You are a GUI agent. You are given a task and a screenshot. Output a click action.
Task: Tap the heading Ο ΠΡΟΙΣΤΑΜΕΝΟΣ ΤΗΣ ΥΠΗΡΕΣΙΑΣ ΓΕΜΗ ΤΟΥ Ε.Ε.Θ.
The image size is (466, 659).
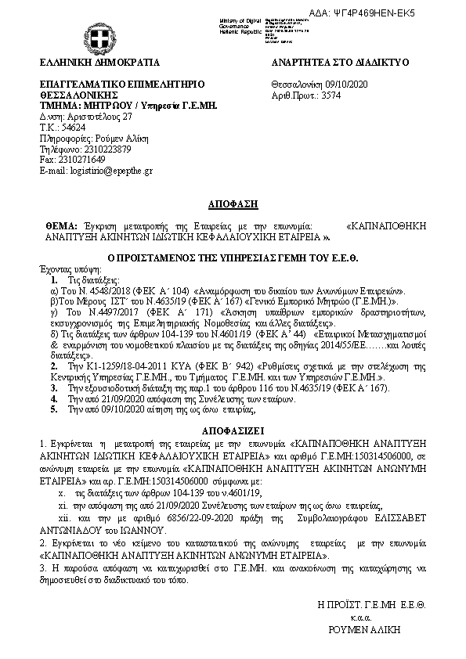click(x=233, y=256)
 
